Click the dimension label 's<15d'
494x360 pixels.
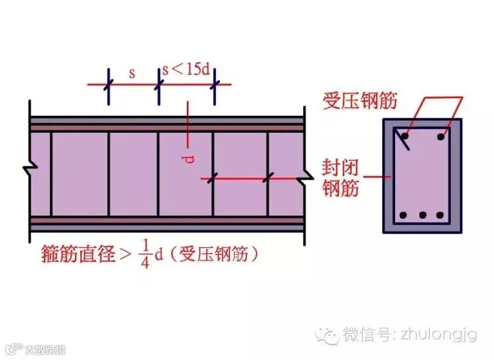click(187, 70)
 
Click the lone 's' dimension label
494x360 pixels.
click(132, 73)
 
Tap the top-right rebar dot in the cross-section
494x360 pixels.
click(441, 138)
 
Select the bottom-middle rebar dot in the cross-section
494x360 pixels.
click(423, 215)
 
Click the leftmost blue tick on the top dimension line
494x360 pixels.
click(109, 83)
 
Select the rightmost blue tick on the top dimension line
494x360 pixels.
click(214, 83)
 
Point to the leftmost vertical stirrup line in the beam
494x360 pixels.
click(51, 174)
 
